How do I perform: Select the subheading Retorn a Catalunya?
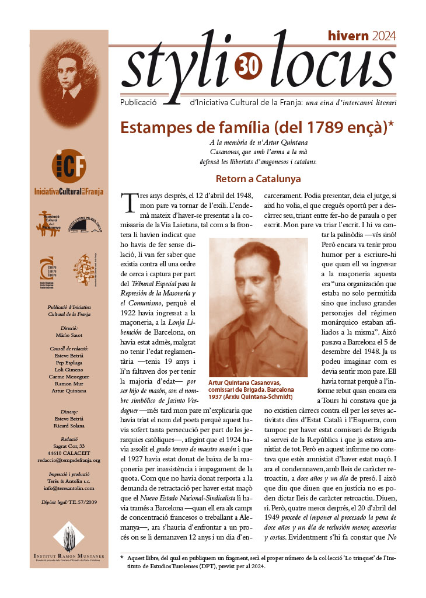[x=258, y=178]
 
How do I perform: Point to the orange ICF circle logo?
[x=68, y=166]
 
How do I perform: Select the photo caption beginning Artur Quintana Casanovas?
[x=252, y=389]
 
